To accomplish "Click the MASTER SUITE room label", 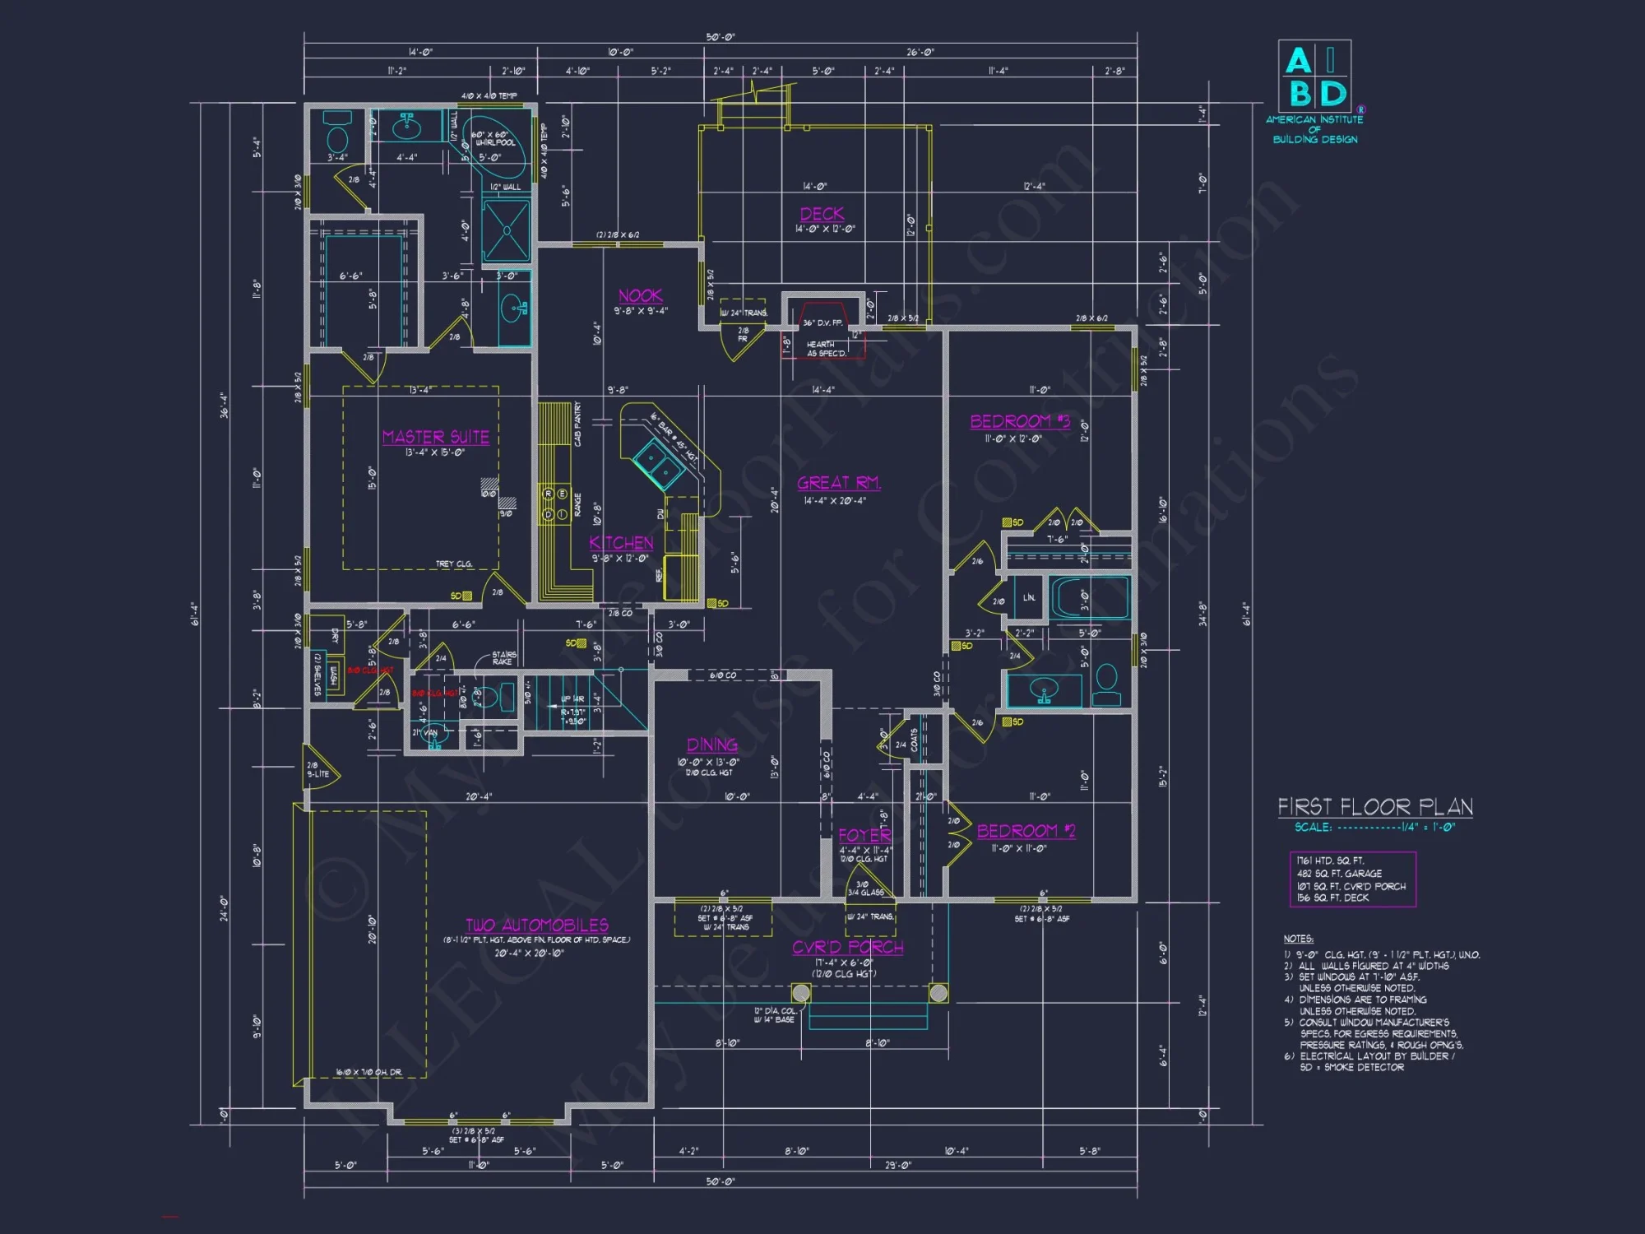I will coord(436,437).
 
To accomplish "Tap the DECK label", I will coord(822,214).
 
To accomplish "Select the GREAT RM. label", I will coord(838,483).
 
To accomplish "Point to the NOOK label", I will coord(640,296).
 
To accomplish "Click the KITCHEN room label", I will coord(621,543).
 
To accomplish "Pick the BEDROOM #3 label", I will coord(1019,422).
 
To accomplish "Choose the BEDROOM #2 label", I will coord(1025,831).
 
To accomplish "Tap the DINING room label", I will coord(712,745).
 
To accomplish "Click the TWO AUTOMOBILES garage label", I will coord(536,925).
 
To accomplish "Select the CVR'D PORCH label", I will coord(847,948).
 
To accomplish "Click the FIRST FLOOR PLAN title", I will coord(1374,807).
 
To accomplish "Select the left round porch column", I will coord(800,993).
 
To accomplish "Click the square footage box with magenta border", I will coord(1352,879).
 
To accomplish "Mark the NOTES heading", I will coord(1298,939).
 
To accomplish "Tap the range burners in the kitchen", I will coord(554,504).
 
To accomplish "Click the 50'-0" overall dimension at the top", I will coord(721,38).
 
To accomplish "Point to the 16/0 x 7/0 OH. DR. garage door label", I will coord(368,1072).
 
